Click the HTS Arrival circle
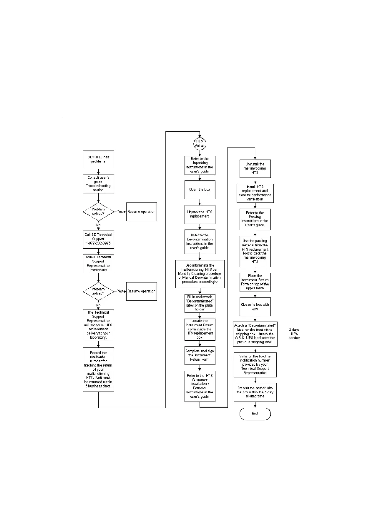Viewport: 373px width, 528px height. [200, 143]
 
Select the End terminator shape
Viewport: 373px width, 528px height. [255, 414]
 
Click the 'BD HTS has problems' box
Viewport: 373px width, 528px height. [98, 160]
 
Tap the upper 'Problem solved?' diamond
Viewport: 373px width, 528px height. [98, 212]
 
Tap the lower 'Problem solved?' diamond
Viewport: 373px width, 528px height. [98, 291]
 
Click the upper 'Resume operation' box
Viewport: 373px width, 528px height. [141, 212]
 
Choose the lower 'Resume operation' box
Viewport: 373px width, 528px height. [141, 291]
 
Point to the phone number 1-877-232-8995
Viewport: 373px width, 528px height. [98, 243]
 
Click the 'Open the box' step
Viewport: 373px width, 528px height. [200, 190]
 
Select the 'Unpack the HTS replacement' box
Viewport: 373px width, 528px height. [200, 214]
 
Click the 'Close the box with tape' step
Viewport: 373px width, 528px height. [255, 307]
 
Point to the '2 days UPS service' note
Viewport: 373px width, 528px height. [294, 334]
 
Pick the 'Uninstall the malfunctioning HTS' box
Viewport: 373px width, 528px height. [255, 169]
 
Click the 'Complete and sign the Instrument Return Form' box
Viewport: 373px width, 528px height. [200, 356]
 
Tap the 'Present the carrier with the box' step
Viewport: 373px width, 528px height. [255, 392]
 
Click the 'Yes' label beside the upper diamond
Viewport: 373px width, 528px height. [120, 212]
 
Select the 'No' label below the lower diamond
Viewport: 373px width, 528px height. [98, 305]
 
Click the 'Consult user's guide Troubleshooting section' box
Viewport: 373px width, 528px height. [98, 184]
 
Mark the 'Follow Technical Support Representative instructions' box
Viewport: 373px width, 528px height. [98, 264]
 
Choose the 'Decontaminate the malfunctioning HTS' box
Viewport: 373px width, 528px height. [200, 274]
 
